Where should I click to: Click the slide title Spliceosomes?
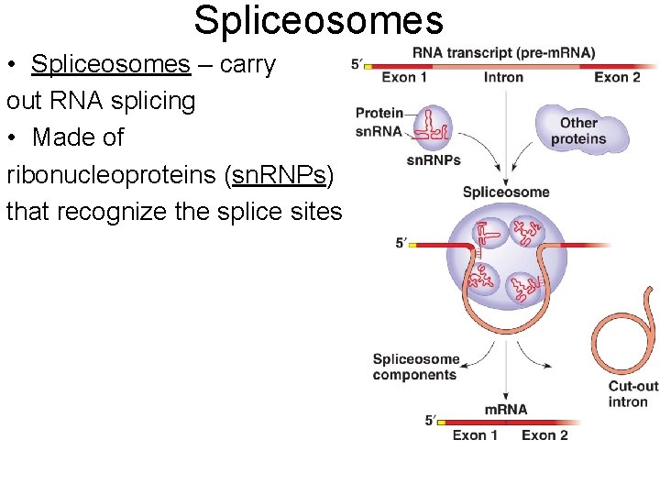pyautogui.click(x=318, y=20)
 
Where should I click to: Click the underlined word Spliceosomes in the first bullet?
pyautogui.click(x=110, y=64)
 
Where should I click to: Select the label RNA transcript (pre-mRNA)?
pyautogui.click(x=503, y=52)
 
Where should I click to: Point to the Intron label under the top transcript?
pyautogui.click(x=503, y=78)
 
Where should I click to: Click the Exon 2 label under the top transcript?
pyautogui.click(x=617, y=78)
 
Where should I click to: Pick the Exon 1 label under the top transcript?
pyautogui.click(x=404, y=78)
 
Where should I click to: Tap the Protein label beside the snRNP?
pyautogui.click(x=379, y=113)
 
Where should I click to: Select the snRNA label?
pyautogui.click(x=379, y=131)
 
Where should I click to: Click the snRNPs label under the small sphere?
pyautogui.click(x=433, y=160)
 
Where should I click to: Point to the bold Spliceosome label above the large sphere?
pyautogui.click(x=506, y=192)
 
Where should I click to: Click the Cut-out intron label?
pyautogui.click(x=632, y=394)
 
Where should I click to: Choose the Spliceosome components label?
pyautogui.click(x=415, y=367)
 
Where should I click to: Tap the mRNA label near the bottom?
pyautogui.click(x=506, y=409)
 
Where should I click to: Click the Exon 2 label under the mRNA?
pyautogui.click(x=544, y=434)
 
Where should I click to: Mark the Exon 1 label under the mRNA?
pyautogui.click(x=475, y=434)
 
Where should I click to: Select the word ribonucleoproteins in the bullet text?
pyautogui.click(x=112, y=174)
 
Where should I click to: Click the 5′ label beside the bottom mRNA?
pyautogui.click(x=431, y=420)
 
